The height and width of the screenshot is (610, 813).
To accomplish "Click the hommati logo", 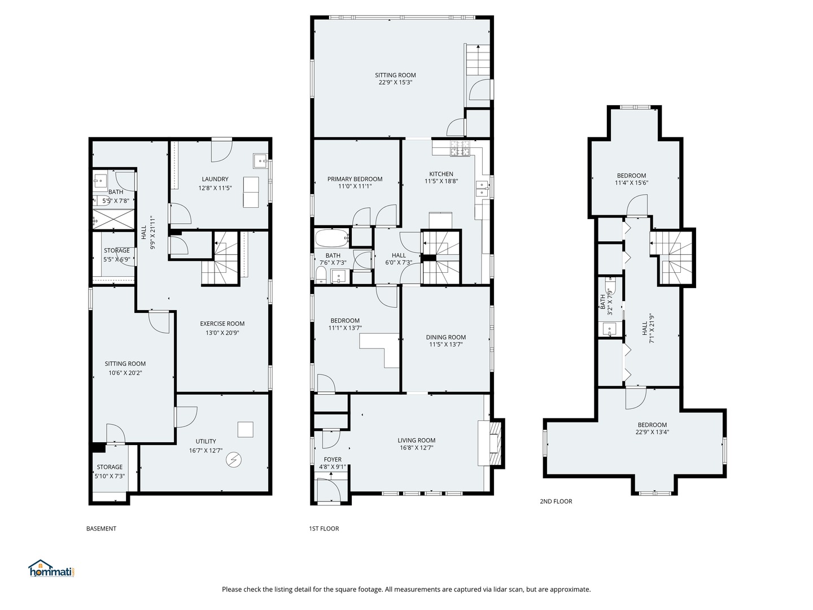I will pos(51,568).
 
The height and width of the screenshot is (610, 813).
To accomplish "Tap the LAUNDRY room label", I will pos(215,179).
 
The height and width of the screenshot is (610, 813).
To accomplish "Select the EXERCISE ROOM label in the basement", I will pos(222,324).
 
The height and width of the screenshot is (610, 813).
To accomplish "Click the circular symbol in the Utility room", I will pos(233,460).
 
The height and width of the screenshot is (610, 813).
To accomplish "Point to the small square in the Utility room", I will pos(245,429).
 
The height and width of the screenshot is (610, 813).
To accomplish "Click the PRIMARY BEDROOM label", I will pos(355,179).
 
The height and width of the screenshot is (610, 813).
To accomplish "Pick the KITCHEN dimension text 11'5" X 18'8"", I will pos(441,182).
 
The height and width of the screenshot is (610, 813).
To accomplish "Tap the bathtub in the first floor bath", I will pos(332,238).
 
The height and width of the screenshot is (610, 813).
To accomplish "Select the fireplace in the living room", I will pos(489,443).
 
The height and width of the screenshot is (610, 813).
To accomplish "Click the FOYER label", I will pos(333,459).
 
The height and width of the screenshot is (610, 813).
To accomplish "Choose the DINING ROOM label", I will pos(445,337).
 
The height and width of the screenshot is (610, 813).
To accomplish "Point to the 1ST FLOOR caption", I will pos(324,529).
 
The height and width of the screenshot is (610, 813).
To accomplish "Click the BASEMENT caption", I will pos(101,529).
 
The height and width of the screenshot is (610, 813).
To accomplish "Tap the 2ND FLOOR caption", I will pos(556,501).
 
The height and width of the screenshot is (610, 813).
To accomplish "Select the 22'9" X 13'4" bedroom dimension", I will pos(652,433).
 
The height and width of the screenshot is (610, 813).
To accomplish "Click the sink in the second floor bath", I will pos(610,328).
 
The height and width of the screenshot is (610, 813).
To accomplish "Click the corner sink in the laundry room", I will pos(260,160).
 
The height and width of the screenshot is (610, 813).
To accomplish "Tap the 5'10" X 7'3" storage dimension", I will pos(110,476).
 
